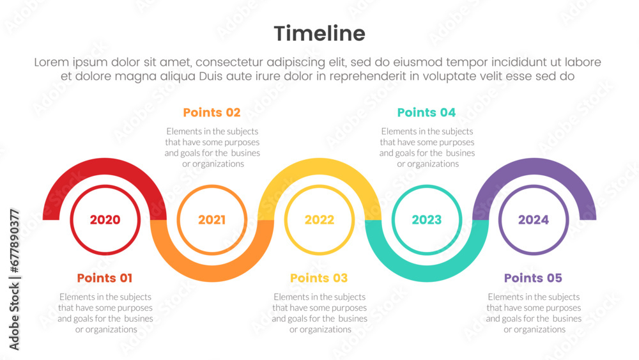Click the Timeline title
click(x=319, y=33)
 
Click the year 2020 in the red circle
click(x=105, y=220)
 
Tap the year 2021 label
click(x=212, y=220)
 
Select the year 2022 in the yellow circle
click(x=319, y=220)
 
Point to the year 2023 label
click(x=427, y=220)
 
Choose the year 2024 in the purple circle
click(x=534, y=220)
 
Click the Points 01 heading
click(x=105, y=278)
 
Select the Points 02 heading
click(x=212, y=113)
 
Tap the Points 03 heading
click(x=319, y=278)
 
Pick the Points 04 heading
click(x=426, y=113)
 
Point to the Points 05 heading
click(x=533, y=278)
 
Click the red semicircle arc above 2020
click(x=105, y=166)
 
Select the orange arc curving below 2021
click(x=212, y=274)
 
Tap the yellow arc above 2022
click(x=319, y=166)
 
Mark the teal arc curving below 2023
click(x=427, y=274)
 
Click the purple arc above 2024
click(x=534, y=166)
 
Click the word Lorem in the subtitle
click(x=51, y=63)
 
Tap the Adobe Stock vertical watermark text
click(x=14, y=279)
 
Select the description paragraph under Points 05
click(x=534, y=313)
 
